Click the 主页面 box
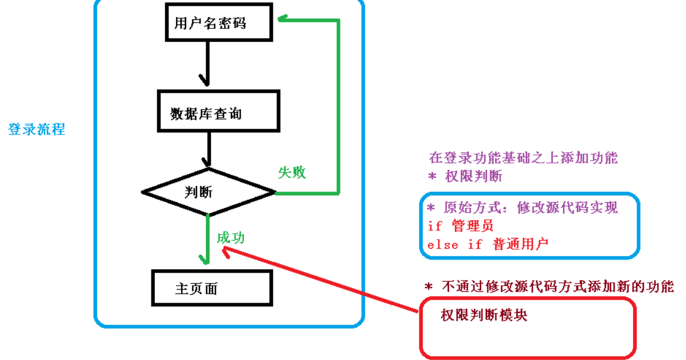coord(212,288)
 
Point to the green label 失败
coord(292,173)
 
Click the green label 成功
coord(230,237)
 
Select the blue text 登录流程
coord(36,129)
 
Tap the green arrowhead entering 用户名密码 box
coord(283,19)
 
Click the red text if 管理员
coord(461,225)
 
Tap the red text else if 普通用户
coord(488,244)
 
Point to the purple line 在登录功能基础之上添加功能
coord(523,158)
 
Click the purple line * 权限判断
coord(465,176)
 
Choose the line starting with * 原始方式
coord(522,208)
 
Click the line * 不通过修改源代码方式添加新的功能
coord(549,287)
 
